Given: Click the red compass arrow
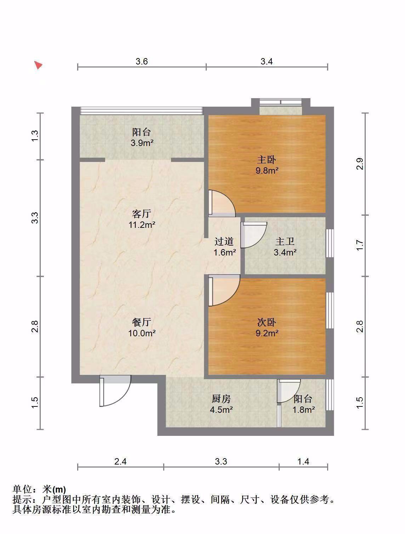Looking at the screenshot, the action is (x=38, y=65).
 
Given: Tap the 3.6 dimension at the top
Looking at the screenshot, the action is (x=141, y=61).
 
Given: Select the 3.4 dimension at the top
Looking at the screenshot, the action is (x=266, y=61).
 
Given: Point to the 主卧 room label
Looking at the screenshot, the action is (x=266, y=160).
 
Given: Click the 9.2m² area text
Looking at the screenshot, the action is (x=267, y=333).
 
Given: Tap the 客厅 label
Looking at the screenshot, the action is (x=141, y=214).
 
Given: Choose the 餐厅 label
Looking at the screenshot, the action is (x=141, y=322).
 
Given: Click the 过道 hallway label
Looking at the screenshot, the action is (x=224, y=241).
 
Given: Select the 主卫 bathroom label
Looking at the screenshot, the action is (x=285, y=241).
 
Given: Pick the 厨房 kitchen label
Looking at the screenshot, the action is (x=221, y=399).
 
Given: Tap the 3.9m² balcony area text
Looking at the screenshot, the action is (x=142, y=143).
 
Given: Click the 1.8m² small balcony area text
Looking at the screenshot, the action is (x=303, y=410).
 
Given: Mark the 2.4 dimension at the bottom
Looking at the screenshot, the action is (x=120, y=461).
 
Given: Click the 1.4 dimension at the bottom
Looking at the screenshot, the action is (x=303, y=461).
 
